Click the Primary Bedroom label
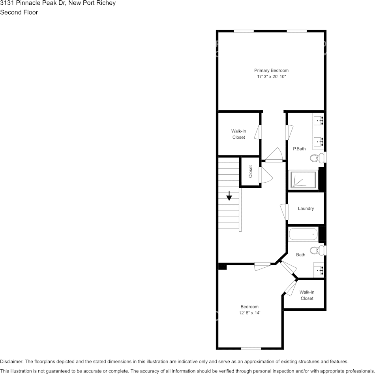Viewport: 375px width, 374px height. point(271,70)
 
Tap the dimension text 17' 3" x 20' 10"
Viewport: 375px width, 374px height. point(271,77)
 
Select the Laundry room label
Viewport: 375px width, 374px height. point(306,208)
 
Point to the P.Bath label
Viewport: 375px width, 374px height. point(299,149)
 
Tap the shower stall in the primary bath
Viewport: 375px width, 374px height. point(304,179)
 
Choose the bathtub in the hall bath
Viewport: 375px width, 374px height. point(303,234)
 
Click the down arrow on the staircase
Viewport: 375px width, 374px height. point(229,196)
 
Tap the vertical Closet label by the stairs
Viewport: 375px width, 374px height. point(250,171)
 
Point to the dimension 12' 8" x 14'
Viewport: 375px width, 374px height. point(249,313)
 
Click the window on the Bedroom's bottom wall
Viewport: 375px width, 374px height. point(251,348)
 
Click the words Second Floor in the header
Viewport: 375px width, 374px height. point(19,12)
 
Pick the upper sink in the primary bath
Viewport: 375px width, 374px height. point(319,119)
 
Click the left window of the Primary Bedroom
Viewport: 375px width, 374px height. point(244,31)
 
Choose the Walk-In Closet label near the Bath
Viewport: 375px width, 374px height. point(307,295)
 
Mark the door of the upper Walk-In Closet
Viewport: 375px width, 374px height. point(258,132)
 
